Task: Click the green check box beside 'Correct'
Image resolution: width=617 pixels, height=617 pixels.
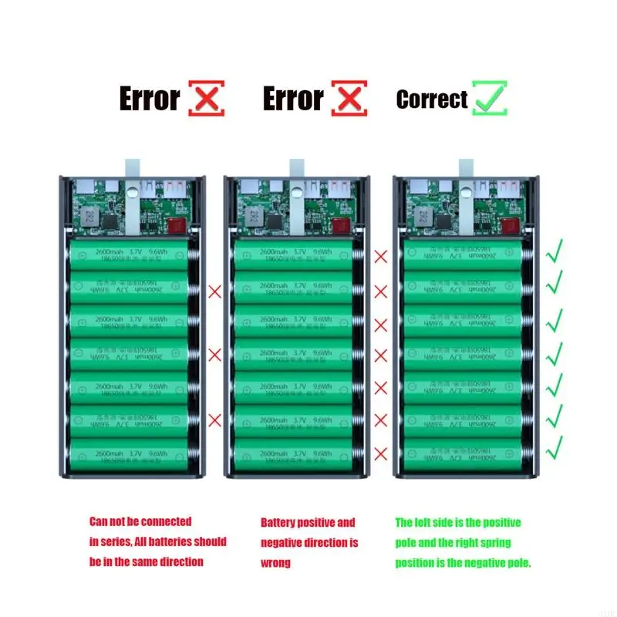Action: (x=491, y=98)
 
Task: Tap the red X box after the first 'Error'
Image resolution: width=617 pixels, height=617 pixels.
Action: (x=207, y=98)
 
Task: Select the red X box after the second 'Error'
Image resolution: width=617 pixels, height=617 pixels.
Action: (x=349, y=98)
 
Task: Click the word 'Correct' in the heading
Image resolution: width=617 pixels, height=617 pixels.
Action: (x=432, y=99)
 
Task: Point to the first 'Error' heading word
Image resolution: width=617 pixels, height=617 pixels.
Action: (x=149, y=99)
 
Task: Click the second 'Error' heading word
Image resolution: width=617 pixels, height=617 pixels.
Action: (x=292, y=99)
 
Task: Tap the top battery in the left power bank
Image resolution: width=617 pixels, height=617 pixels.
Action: (x=128, y=255)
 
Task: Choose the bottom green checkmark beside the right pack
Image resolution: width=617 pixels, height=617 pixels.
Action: (x=554, y=445)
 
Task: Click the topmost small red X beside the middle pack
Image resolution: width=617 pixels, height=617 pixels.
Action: (x=381, y=257)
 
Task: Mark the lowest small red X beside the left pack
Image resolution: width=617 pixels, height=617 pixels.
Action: (x=214, y=419)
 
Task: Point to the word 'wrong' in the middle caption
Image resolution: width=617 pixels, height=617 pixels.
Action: (x=276, y=562)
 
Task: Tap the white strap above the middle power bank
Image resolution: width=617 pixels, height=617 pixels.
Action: (x=296, y=167)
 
